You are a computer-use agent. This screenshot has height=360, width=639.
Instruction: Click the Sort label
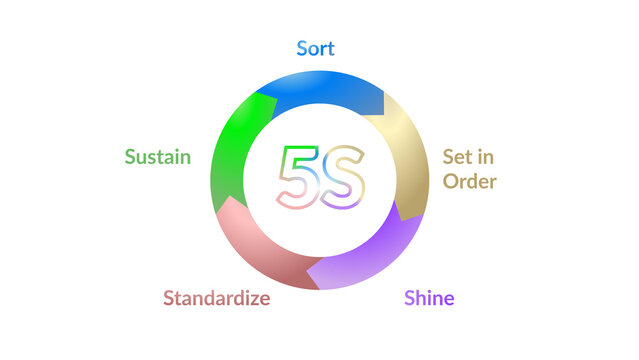[315, 49]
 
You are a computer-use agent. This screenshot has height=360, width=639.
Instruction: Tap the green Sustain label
[157, 157]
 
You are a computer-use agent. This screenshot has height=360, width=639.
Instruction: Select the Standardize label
[216, 298]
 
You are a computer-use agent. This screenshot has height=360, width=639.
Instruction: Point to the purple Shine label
[429, 298]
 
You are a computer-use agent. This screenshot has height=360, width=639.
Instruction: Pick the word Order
[469, 181]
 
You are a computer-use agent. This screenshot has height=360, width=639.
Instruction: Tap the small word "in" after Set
[487, 157]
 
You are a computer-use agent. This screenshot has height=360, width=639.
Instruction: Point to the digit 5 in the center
[296, 178]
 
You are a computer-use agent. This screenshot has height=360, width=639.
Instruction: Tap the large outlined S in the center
[344, 178]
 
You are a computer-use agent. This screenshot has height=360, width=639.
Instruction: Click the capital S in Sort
[302, 49]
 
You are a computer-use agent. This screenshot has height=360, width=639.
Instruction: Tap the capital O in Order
[451, 181]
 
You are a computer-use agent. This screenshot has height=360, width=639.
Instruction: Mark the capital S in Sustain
[130, 157]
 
